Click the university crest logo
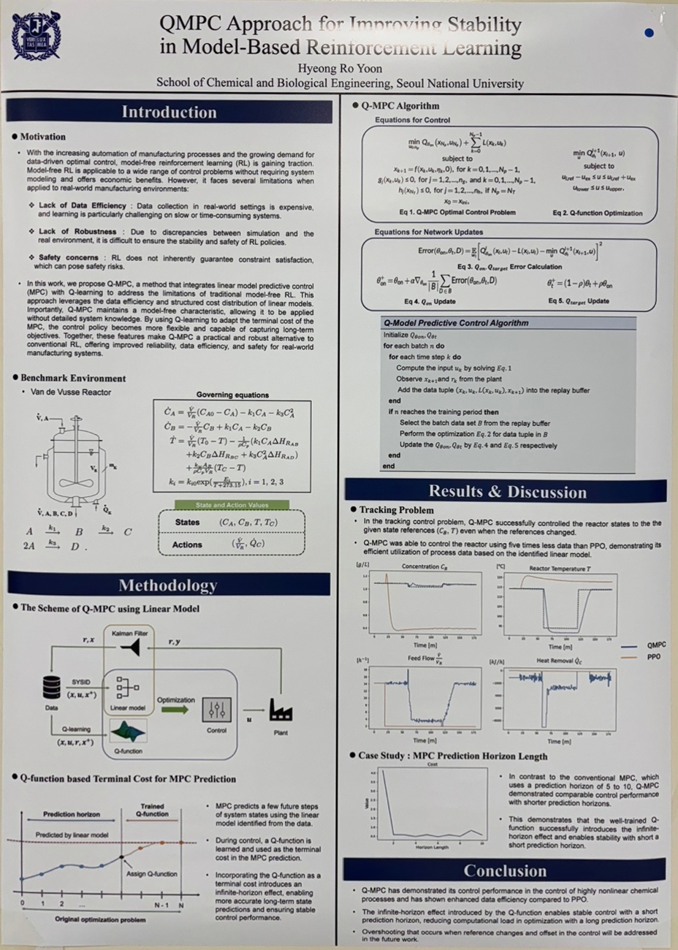(x=37, y=36)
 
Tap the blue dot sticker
(x=649, y=32)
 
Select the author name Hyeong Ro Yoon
(x=340, y=69)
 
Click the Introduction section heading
(x=169, y=112)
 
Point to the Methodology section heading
(x=168, y=585)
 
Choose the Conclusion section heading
(x=505, y=870)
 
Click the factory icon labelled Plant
(x=281, y=710)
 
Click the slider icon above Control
(x=216, y=710)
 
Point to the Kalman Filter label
(x=129, y=633)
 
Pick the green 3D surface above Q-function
(x=127, y=731)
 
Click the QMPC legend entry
(x=656, y=645)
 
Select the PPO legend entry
(x=653, y=657)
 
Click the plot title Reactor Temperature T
(x=560, y=568)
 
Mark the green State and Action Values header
(x=232, y=505)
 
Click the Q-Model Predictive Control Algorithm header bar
(x=508, y=322)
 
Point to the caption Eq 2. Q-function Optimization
(x=598, y=213)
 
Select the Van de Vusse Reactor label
(x=71, y=392)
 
